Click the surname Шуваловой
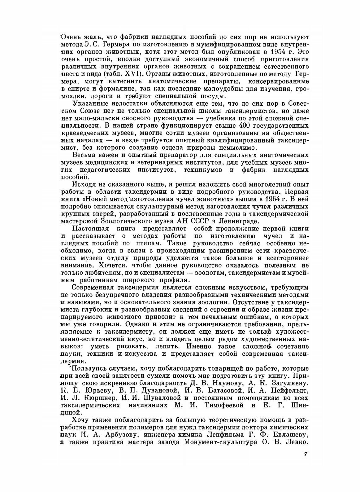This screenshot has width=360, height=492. point(164,398)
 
